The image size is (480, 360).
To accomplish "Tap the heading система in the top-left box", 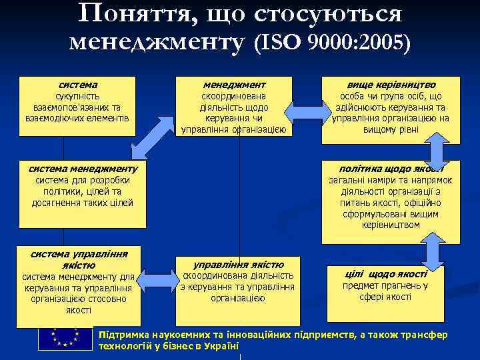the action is coord(77,85).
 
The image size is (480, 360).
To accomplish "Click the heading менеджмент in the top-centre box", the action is coord(234,85).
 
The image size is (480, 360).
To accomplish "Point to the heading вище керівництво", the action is coord(391,85).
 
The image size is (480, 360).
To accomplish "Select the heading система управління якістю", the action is coord(79,259).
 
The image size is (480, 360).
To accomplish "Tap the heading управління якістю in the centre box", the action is coord(238,264).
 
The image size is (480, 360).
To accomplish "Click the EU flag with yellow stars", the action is coord(65,340).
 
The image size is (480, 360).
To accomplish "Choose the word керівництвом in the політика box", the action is coord(391,225).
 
